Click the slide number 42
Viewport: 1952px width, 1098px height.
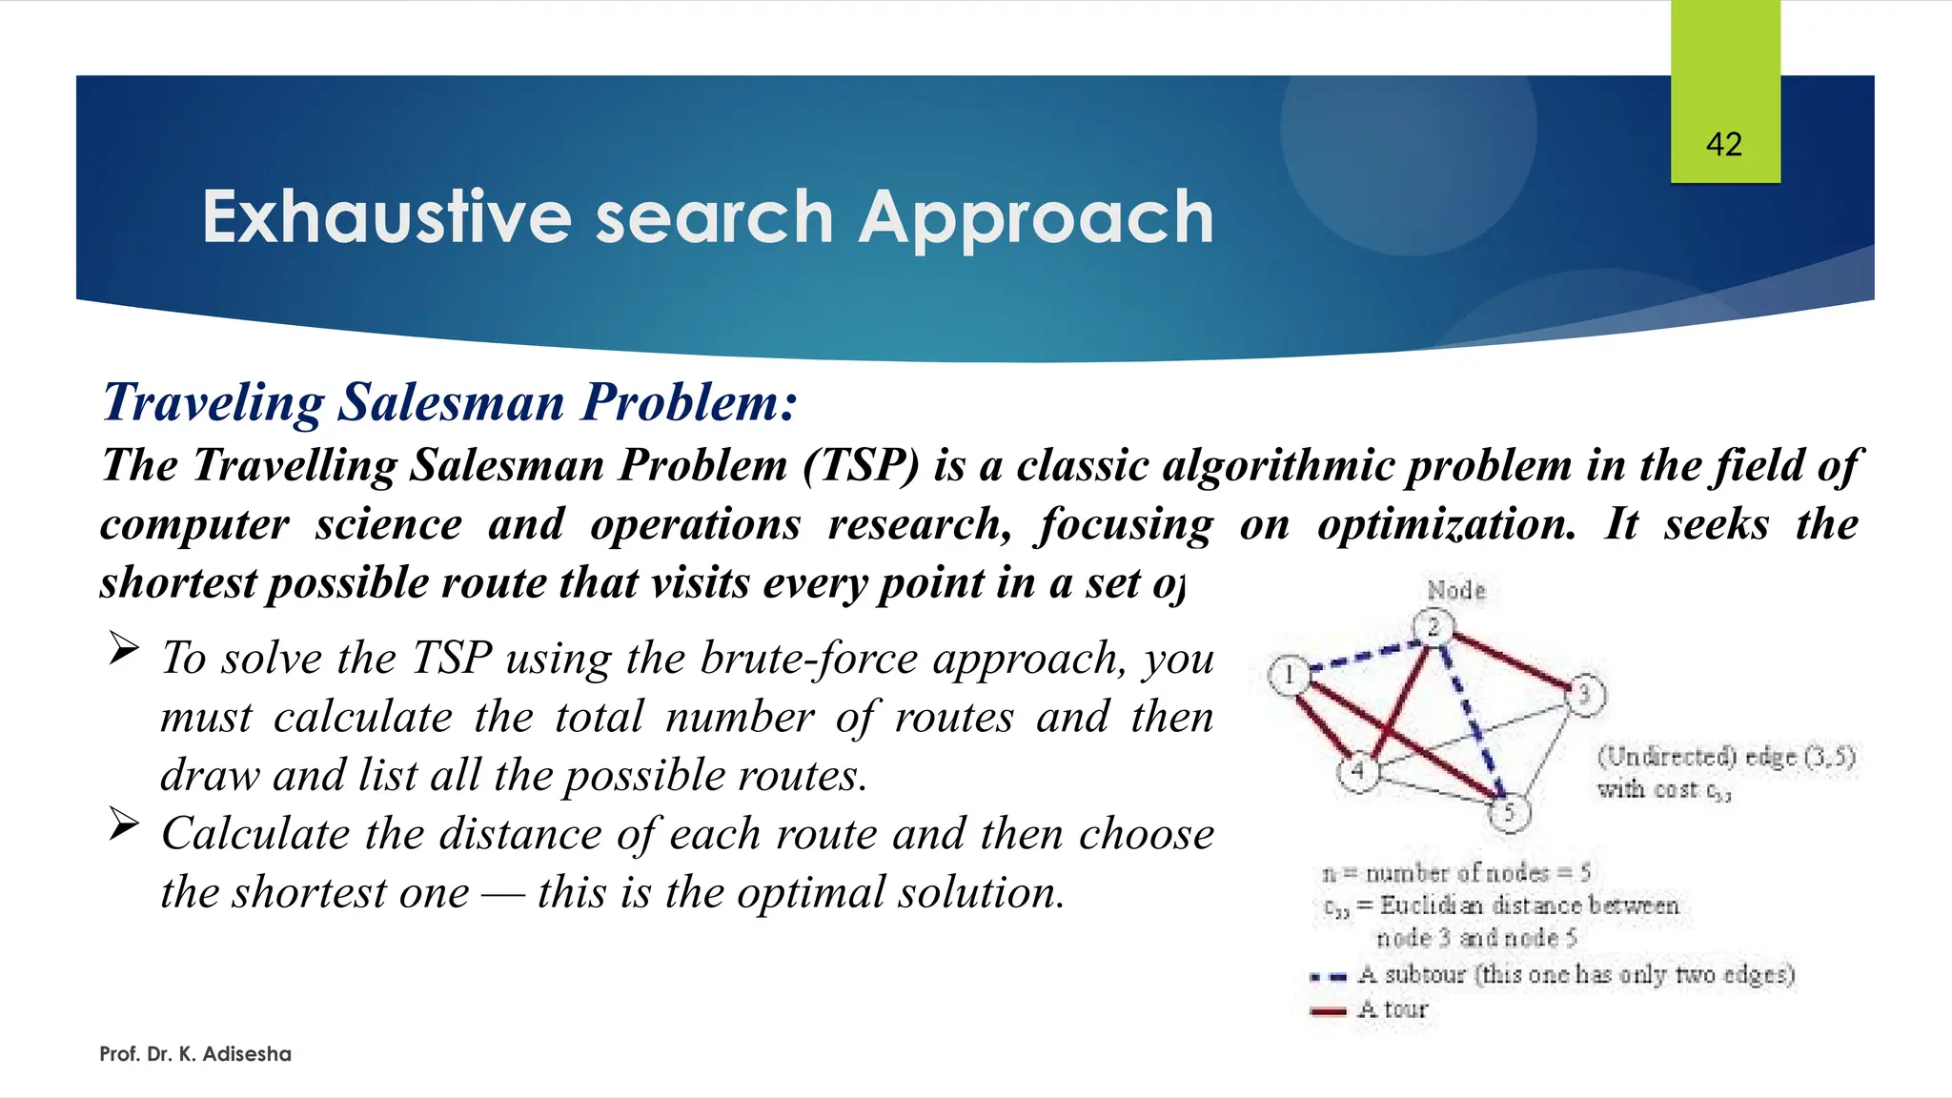tap(1724, 145)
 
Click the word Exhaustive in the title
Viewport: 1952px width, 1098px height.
tap(386, 217)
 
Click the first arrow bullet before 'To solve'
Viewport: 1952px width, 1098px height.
tap(124, 649)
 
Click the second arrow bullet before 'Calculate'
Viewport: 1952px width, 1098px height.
tap(124, 824)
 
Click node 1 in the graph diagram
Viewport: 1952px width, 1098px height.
tap(1289, 676)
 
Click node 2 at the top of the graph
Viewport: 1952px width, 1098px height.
tap(1433, 627)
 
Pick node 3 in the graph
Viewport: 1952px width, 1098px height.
tap(1585, 694)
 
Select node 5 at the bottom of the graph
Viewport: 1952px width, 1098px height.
tap(1509, 812)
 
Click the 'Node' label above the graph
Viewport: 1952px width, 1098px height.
tap(1455, 591)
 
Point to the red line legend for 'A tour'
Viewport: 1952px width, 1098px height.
tap(1328, 1010)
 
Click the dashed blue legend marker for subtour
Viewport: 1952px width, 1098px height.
tap(1328, 977)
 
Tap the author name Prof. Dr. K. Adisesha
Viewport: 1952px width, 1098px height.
tap(195, 1054)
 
